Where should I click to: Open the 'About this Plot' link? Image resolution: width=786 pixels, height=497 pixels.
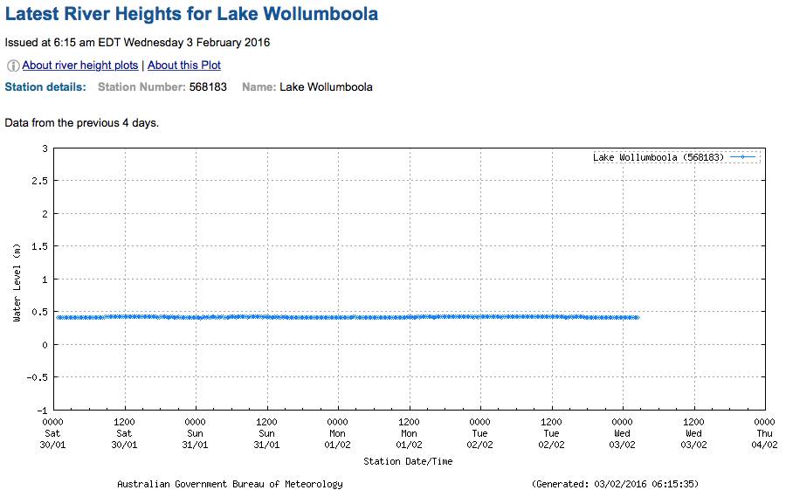tap(184, 66)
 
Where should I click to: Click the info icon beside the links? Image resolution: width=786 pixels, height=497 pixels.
tap(13, 66)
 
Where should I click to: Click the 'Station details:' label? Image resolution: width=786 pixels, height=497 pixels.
tap(45, 87)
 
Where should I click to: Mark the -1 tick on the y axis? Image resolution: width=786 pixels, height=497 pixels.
tap(41, 410)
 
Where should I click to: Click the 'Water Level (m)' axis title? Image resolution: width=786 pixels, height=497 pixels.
tap(17, 283)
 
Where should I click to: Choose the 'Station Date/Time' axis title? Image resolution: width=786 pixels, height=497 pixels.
tap(408, 461)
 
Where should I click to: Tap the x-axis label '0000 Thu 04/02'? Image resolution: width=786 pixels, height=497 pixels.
tap(764, 433)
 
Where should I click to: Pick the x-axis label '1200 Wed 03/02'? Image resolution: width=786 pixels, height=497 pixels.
tap(693, 433)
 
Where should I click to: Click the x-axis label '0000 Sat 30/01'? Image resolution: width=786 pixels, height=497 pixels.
tap(53, 433)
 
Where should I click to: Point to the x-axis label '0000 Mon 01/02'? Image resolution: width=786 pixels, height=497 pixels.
tap(337, 433)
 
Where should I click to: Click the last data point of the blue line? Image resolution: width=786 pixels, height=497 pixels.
tap(638, 317)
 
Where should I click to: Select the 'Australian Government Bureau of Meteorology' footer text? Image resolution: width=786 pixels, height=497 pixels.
tap(230, 484)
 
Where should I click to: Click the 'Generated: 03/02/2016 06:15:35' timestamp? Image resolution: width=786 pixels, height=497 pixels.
tap(615, 484)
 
